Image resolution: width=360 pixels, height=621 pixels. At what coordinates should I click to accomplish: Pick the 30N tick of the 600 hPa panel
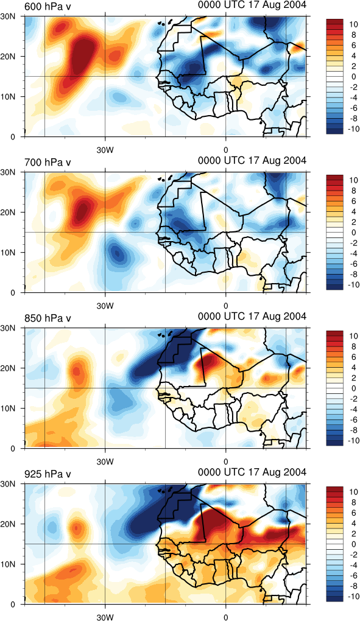[x=9, y=17]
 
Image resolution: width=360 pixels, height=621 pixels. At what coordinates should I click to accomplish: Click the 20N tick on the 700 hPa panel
[x=9, y=212]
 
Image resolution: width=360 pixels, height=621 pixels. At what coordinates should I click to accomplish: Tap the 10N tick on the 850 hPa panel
[x=9, y=408]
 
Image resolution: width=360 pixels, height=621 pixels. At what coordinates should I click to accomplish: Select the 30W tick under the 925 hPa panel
[x=105, y=617]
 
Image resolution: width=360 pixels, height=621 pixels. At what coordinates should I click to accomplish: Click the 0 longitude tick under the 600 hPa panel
[x=226, y=150]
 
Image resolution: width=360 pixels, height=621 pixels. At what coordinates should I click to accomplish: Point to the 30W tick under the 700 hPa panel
[x=105, y=306]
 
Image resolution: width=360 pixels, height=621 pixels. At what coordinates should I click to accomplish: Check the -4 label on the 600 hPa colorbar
[x=354, y=97]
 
